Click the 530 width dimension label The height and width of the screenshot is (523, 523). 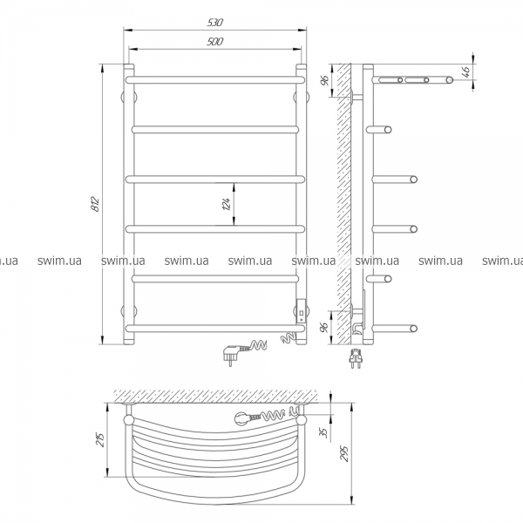(214, 23)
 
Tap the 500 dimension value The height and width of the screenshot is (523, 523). (214, 42)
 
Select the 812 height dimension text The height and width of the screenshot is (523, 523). (95, 204)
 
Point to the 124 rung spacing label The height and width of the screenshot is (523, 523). (226, 204)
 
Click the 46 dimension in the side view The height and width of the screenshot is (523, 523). (466, 71)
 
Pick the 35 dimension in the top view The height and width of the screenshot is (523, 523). (323, 432)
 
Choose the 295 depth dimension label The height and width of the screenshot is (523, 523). (344, 453)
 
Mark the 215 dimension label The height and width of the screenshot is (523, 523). (101, 439)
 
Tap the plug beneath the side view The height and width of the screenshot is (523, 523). (355, 358)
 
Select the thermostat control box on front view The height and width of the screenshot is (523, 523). (302, 310)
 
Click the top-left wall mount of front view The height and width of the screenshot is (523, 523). (129, 97)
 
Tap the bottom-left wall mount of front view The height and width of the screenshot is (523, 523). (129, 311)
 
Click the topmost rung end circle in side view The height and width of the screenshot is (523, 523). (449, 80)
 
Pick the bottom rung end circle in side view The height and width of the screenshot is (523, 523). (413, 329)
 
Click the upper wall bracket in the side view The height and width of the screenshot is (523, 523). (357, 97)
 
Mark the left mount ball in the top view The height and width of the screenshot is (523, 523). (128, 420)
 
